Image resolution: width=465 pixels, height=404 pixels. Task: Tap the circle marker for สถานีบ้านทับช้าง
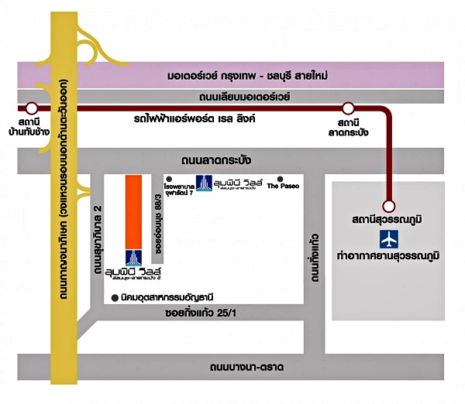pos(32,108)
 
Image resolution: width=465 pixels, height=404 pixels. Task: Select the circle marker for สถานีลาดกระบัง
pos(349,108)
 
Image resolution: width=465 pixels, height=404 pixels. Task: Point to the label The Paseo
pos(282,187)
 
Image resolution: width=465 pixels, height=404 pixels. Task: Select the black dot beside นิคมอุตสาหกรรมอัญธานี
pos(115,296)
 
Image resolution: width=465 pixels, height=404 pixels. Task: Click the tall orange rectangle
pos(133,211)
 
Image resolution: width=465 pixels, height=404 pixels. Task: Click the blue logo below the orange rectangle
pos(133,258)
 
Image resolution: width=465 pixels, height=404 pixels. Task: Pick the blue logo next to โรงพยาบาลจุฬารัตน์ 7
pos(203,184)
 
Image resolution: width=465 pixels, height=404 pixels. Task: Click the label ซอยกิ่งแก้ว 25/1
pos(211,314)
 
